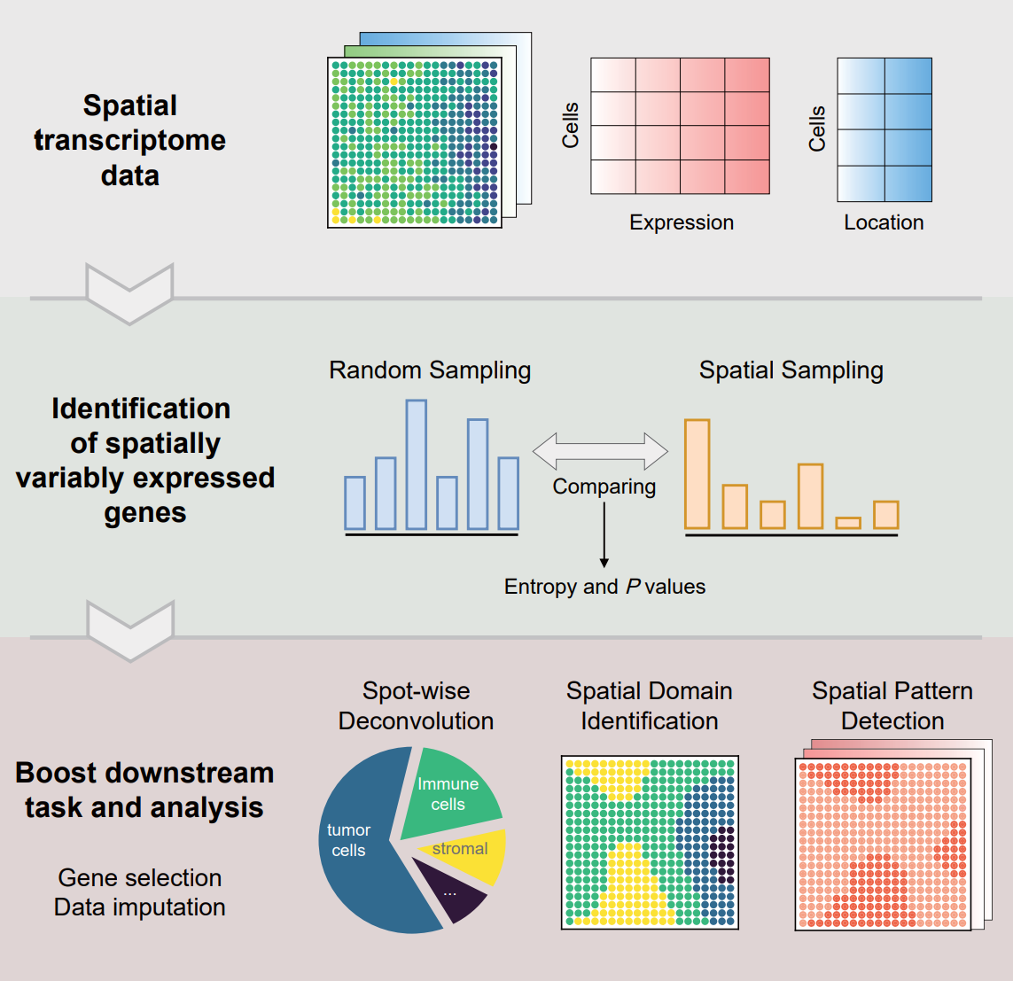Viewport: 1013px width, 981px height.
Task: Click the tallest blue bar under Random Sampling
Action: pyautogui.click(x=417, y=464)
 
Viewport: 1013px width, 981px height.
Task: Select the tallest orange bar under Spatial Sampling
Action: pyautogui.click(x=697, y=474)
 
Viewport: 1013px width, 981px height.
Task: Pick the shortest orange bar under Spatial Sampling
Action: pyautogui.click(x=848, y=523)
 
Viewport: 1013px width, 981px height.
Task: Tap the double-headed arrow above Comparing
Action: pyautogui.click(x=600, y=451)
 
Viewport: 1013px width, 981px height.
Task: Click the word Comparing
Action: pyautogui.click(x=604, y=487)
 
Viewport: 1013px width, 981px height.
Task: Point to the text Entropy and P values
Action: pyautogui.click(x=604, y=587)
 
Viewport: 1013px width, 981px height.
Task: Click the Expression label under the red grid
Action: pyautogui.click(x=682, y=222)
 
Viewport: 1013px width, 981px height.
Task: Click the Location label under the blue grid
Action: pyautogui.click(x=884, y=222)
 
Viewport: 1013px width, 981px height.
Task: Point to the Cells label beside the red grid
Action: pyautogui.click(x=570, y=125)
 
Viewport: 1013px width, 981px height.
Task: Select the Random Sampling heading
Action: pyautogui.click(x=430, y=370)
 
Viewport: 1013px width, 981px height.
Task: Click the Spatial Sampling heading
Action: pyautogui.click(x=791, y=370)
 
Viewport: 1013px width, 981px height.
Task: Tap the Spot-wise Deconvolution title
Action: pyautogui.click(x=416, y=706)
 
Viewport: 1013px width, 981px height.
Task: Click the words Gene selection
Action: pyautogui.click(x=140, y=877)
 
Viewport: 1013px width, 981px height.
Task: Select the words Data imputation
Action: pyautogui.click(x=140, y=907)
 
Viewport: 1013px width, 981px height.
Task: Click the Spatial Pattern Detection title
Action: pyautogui.click(x=892, y=706)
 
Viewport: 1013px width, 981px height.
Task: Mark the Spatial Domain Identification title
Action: pyautogui.click(x=650, y=706)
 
